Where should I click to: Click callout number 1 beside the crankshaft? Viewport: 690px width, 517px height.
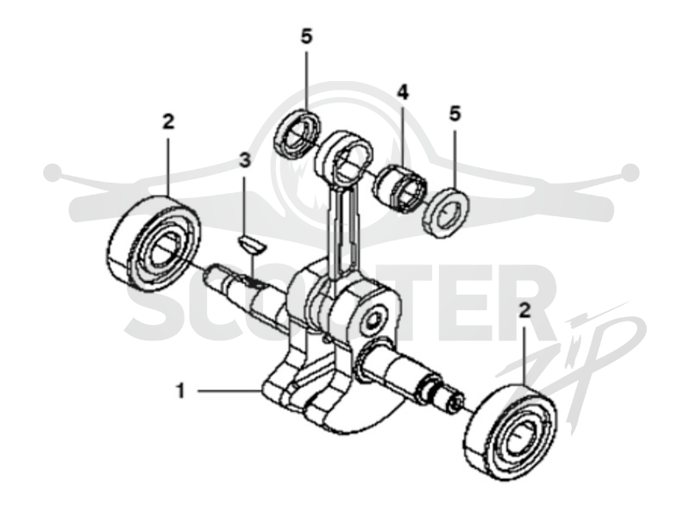tap(180, 390)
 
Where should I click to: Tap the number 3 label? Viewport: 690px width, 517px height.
tap(245, 160)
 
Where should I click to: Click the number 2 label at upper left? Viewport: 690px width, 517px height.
tap(168, 121)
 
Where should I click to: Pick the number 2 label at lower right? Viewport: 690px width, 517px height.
tap(524, 311)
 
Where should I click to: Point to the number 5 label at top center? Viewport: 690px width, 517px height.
tap(306, 36)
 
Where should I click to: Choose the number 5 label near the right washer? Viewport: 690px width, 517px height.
tap(455, 114)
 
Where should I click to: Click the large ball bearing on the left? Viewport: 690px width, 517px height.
tap(154, 243)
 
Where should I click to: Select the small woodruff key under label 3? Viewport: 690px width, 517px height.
tap(252, 246)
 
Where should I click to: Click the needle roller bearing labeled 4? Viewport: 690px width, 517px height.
tap(400, 188)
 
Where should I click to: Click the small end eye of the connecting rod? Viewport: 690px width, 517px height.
tap(344, 158)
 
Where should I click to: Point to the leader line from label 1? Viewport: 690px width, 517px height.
tap(228, 390)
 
